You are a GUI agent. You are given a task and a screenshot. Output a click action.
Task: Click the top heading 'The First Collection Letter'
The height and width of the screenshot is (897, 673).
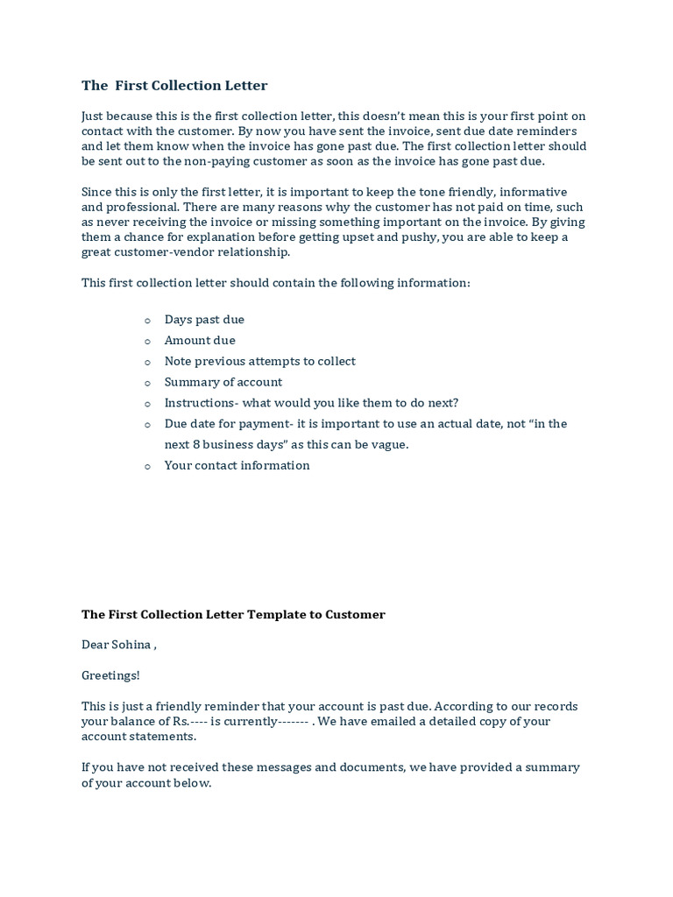(x=174, y=85)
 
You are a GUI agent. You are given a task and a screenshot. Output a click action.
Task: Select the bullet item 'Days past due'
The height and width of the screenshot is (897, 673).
(x=204, y=320)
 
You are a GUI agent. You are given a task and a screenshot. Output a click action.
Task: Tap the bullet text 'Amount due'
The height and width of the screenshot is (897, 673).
(x=200, y=341)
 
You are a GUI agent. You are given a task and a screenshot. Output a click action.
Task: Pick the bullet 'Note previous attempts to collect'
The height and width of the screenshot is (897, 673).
(x=259, y=361)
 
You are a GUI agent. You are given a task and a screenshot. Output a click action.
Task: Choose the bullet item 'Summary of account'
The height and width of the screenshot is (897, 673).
(x=223, y=382)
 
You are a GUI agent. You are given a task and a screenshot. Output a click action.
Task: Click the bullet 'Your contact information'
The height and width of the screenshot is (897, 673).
(x=237, y=465)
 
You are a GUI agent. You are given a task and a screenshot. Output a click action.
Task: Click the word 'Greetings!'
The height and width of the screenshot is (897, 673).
(x=110, y=675)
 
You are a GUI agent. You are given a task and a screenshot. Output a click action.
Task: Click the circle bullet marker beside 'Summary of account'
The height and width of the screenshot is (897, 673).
(x=147, y=383)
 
